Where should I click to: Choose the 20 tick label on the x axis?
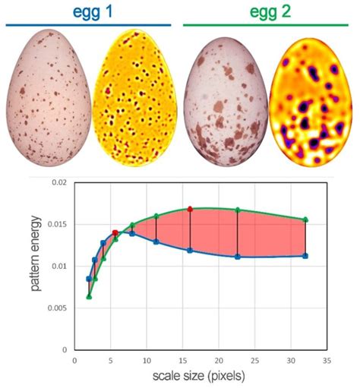[x=219, y=360]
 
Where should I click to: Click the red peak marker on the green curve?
[x=190, y=209]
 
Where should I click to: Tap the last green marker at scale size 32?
[x=305, y=220]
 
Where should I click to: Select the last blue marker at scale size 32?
[x=305, y=256]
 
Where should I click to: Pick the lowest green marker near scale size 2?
[x=89, y=296]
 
